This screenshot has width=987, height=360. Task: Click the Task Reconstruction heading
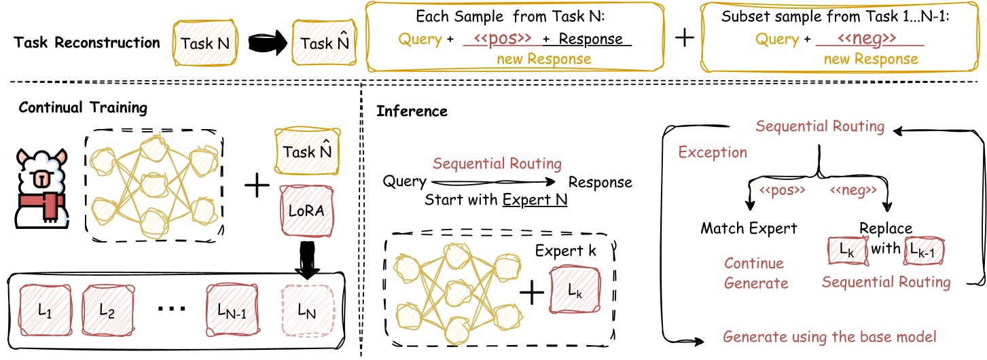click(x=87, y=43)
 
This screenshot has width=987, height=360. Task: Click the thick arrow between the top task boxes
click(x=262, y=43)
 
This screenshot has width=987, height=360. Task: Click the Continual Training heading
click(x=84, y=107)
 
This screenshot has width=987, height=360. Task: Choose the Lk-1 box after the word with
click(x=925, y=252)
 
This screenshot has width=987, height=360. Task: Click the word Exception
click(x=713, y=151)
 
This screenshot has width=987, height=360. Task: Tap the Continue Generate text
click(x=754, y=273)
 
